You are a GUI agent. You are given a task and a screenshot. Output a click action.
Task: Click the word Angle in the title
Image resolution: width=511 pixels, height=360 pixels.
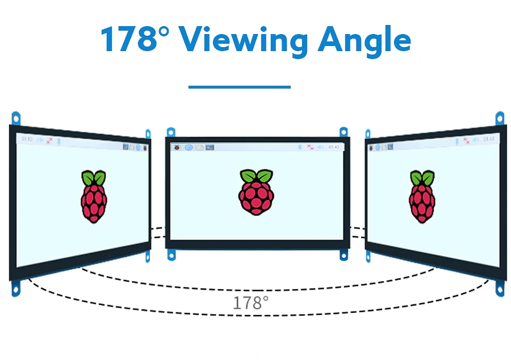364,40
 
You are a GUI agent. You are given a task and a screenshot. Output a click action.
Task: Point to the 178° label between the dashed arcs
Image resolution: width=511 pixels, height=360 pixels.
250,302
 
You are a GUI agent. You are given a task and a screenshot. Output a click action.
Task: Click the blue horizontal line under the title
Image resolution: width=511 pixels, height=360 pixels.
239,87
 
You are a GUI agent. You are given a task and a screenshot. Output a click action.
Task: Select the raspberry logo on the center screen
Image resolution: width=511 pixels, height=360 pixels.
256,192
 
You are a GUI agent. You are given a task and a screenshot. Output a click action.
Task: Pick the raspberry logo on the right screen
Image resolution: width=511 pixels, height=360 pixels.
422,196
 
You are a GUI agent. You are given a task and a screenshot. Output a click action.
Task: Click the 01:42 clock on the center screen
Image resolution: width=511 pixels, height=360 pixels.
334,148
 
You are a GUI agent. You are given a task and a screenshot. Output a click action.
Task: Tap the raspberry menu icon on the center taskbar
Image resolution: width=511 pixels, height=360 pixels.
177,148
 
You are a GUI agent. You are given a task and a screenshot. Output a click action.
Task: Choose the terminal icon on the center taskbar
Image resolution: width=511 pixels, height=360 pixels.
210,148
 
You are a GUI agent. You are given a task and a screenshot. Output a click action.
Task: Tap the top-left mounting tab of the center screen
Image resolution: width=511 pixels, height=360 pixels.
169,132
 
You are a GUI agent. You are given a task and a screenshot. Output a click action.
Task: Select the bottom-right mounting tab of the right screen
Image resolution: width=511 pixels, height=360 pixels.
500,288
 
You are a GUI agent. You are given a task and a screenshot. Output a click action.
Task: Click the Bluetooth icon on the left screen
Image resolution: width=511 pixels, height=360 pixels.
58,140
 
